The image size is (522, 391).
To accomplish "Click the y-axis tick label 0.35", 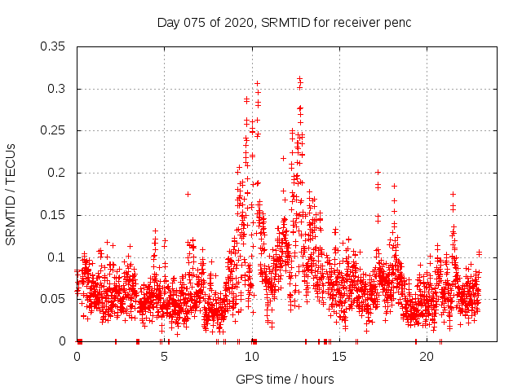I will [55, 46].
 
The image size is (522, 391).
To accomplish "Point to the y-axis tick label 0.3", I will [58, 88].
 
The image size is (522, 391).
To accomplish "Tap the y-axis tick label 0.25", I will [55, 130].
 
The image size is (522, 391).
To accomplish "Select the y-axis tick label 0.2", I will [58, 173].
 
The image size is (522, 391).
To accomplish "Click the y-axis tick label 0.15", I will [55, 215].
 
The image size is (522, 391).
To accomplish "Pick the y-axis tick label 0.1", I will [58, 257].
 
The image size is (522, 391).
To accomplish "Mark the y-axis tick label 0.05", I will [55, 299].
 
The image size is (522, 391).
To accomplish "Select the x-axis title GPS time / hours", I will [284, 379].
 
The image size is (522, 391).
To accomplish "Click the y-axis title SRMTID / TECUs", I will [11, 194].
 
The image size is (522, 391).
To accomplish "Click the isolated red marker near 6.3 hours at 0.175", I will [188, 194].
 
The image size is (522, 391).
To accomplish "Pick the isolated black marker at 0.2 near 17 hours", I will [378, 172].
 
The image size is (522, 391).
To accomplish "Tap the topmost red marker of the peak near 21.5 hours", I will [453, 194].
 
